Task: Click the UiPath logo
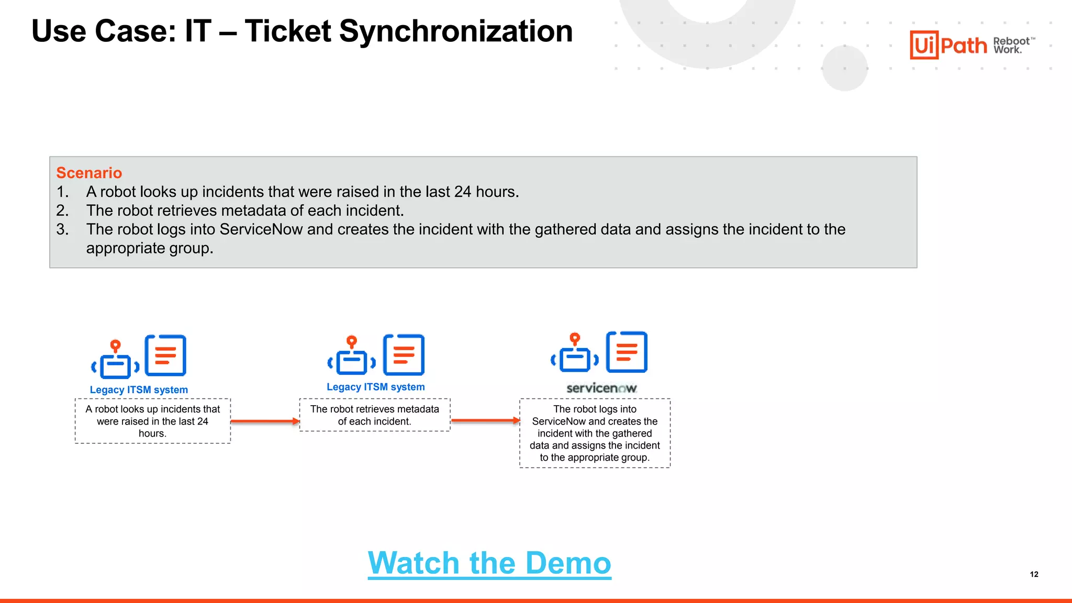pyautogui.click(x=948, y=45)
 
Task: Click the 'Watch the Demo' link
pyautogui.click(x=489, y=563)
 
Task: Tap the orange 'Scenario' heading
pyautogui.click(x=89, y=173)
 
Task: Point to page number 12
pyautogui.click(x=1034, y=574)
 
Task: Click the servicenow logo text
pyautogui.click(x=601, y=388)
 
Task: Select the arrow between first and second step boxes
pyautogui.click(x=265, y=421)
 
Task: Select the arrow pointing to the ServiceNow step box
pyautogui.click(x=485, y=420)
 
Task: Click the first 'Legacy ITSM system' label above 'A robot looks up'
pyautogui.click(x=139, y=390)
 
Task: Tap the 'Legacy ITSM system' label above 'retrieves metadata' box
pyautogui.click(x=376, y=387)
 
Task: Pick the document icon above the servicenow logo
pyautogui.click(x=627, y=352)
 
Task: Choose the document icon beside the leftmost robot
pyautogui.click(x=165, y=355)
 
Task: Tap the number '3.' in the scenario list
pyautogui.click(x=62, y=229)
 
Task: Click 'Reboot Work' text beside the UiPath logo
pyautogui.click(x=1011, y=46)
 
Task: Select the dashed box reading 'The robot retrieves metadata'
pyautogui.click(x=375, y=415)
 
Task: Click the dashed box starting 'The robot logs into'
pyautogui.click(x=595, y=433)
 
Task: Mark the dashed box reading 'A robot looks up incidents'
pyautogui.click(x=153, y=421)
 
